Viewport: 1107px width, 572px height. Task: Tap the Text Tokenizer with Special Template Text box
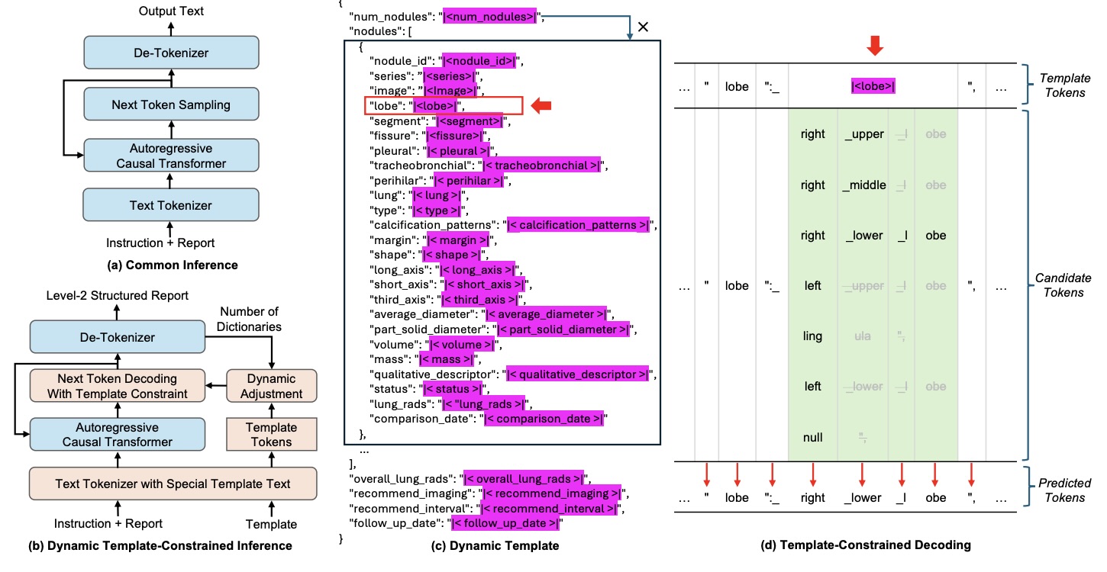point(172,484)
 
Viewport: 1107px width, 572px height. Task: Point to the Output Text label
point(170,11)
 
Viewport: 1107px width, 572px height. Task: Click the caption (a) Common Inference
point(170,265)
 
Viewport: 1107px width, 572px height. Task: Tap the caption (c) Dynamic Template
point(500,545)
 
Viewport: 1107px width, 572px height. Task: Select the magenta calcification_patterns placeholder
point(580,225)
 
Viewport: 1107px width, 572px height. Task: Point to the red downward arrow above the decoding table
point(875,45)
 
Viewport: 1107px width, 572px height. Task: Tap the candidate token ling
point(813,336)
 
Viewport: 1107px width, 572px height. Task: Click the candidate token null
point(813,437)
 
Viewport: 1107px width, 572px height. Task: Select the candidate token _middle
point(864,185)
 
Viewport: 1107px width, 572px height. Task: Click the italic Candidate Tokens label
point(1063,284)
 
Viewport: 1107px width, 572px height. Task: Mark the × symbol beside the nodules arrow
point(643,27)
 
